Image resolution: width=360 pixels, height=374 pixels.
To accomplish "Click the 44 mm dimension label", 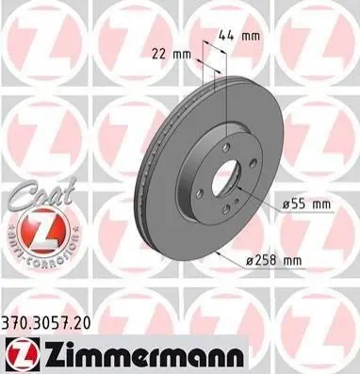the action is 238,36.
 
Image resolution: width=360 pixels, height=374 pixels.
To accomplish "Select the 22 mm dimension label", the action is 172,55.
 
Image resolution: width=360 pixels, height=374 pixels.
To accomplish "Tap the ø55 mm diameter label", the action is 306,204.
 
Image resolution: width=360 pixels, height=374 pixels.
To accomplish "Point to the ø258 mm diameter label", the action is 273,260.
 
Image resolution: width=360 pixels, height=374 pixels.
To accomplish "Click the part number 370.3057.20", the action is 46,323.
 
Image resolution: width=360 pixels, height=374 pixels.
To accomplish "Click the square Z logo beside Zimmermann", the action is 23,355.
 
